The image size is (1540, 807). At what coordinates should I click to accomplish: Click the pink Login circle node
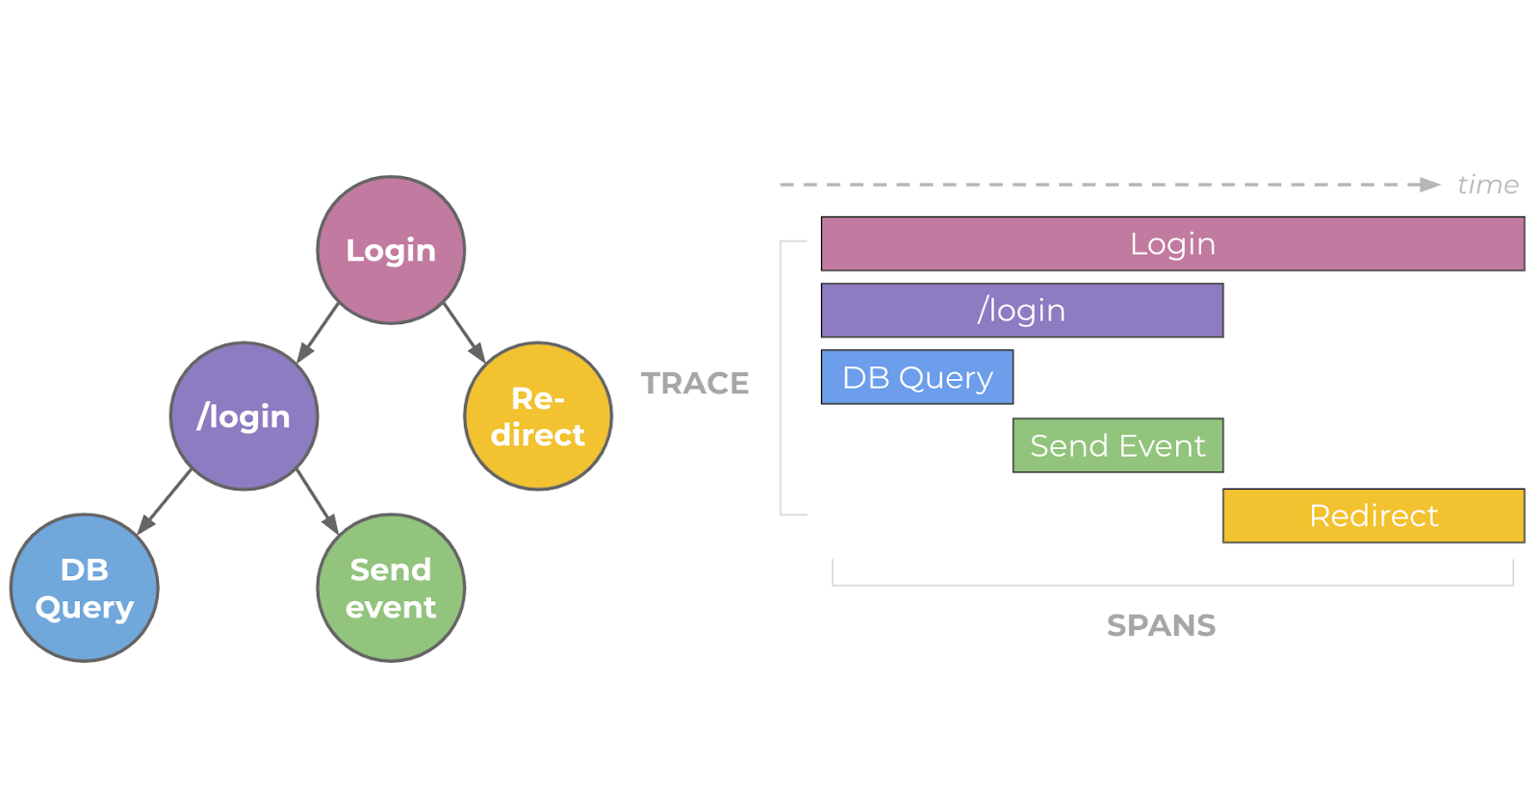click(x=391, y=250)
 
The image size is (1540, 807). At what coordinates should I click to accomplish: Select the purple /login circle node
click(x=244, y=416)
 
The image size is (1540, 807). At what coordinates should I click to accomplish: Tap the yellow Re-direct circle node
click(x=538, y=416)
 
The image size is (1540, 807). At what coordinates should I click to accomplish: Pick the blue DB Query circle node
click(x=85, y=588)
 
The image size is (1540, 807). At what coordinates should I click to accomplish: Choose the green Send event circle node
click(x=391, y=588)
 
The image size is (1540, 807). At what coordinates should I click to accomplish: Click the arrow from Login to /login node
click(x=318, y=333)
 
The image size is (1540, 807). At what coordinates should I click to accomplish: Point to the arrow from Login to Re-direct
click(x=465, y=333)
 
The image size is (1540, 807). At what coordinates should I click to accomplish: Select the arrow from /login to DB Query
click(x=165, y=501)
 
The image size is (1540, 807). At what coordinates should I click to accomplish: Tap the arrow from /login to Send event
click(x=318, y=502)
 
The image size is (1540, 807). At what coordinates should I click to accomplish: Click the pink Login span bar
click(x=1173, y=243)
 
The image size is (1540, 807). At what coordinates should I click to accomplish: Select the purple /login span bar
click(x=1022, y=311)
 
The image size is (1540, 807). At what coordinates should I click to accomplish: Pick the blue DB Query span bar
click(x=917, y=377)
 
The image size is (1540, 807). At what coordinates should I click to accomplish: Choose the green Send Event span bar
click(x=1117, y=445)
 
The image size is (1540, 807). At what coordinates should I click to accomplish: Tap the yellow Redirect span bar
click(x=1373, y=516)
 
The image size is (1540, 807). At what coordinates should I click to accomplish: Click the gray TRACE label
click(x=694, y=383)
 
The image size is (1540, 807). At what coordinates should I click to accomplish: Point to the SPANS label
click(x=1161, y=625)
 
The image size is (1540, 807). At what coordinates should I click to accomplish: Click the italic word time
click(x=1488, y=185)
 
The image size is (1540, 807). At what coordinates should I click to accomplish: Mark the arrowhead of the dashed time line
click(x=1430, y=185)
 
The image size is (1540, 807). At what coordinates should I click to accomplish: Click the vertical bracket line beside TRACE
click(x=781, y=378)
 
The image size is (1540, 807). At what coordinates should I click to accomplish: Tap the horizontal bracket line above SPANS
click(x=1173, y=585)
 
